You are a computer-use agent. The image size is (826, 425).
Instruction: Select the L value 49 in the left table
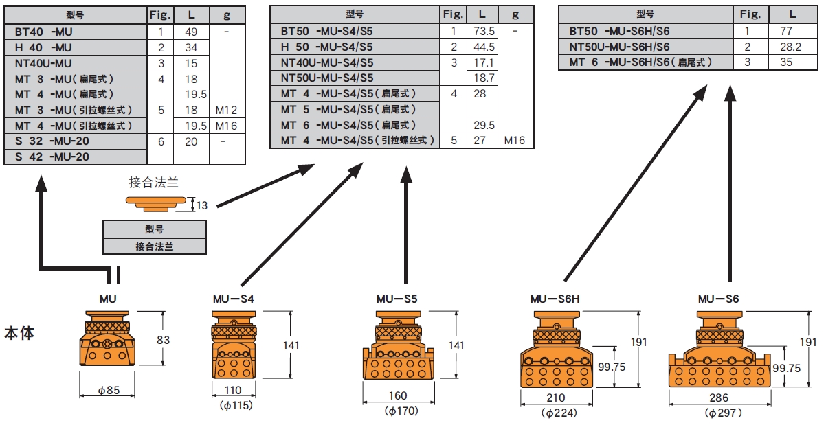[x=192, y=32]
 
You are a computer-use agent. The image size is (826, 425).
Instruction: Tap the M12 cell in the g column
[x=226, y=110]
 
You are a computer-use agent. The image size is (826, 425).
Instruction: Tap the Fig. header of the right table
[x=750, y=14]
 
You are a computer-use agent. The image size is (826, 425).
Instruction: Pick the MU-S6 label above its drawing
[x=718, y=299]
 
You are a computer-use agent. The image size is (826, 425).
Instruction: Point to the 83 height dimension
[x=163, y=339]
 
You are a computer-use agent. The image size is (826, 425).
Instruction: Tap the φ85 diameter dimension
[x=108, y=391]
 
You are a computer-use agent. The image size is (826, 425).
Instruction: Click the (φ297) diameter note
[x=719, y=413]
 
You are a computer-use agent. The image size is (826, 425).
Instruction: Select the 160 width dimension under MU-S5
[x=397, y=395]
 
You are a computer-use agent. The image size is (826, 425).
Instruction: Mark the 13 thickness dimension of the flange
[x=201, y=204]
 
